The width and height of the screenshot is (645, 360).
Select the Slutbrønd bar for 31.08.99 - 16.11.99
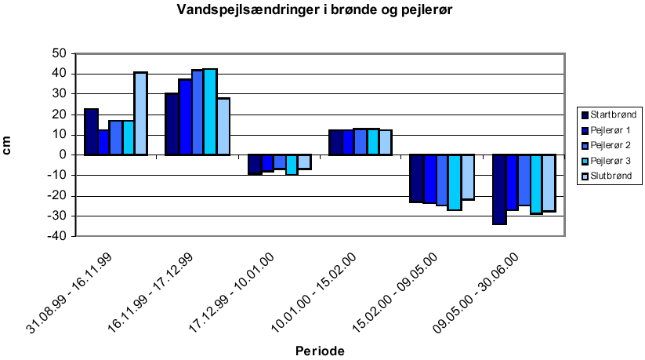click(140, 113)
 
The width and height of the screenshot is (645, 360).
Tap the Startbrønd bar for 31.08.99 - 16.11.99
click(91, 132)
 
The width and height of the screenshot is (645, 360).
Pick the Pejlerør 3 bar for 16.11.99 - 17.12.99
click(210, 111)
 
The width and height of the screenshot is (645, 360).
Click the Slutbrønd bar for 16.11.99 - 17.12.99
click(223, 126)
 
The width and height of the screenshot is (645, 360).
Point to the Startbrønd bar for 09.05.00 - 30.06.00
click(499, 189)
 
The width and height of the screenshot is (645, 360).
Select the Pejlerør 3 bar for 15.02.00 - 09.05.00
click(455, 182)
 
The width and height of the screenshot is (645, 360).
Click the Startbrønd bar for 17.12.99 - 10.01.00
click(254, 164)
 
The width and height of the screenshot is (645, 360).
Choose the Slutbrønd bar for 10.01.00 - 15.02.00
click(385, 142)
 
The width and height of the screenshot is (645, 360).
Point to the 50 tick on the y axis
click(57, 54)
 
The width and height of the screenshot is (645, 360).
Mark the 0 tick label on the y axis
click(61, 155)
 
